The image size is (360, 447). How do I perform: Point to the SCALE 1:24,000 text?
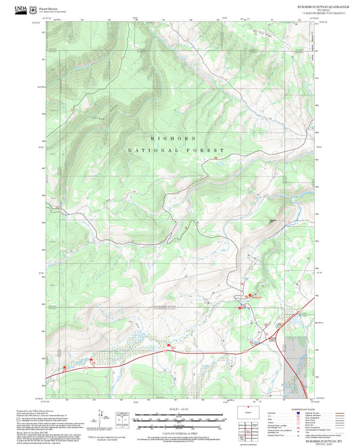point(179,409)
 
